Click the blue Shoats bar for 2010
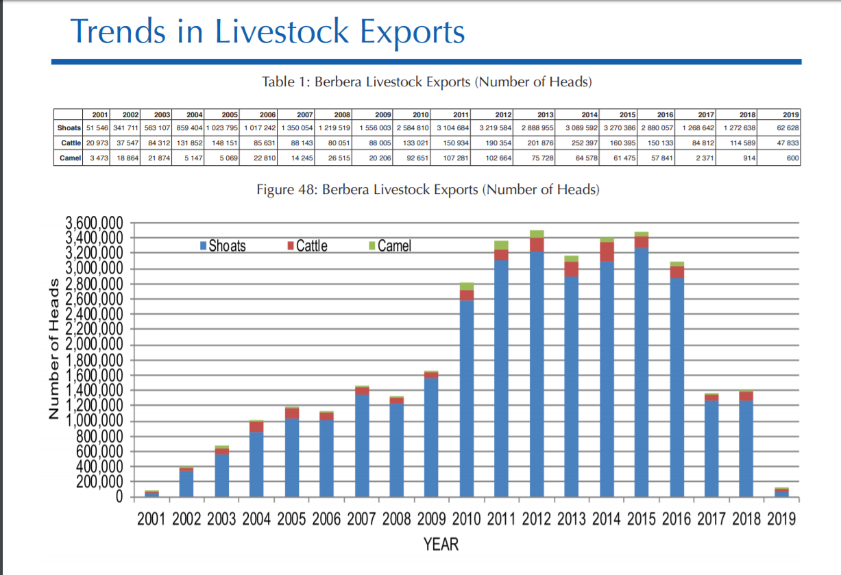click(x=467, y=397)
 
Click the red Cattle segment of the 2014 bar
click(x=607, y=252)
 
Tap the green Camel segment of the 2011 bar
click(x=502, y=245)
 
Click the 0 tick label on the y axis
click(x=118, y=496)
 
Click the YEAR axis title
click(x=441, y=545)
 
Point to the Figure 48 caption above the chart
click(x=428, y=190)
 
